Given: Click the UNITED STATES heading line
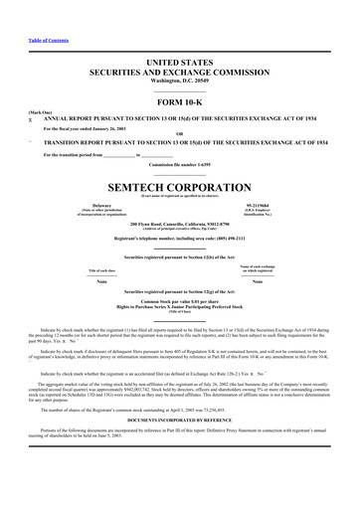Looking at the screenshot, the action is coord(180,63).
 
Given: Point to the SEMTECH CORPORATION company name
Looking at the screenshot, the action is coord(180,188).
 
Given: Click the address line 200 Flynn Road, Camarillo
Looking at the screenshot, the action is coord(180,224).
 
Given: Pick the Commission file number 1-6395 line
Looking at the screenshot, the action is coord(180,164).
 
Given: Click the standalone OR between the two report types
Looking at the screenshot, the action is coord(180,135).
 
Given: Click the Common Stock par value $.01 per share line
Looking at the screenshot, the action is coord(180,300).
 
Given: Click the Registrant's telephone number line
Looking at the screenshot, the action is coord(180,239).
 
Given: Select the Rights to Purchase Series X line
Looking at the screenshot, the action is coord(180,306).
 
